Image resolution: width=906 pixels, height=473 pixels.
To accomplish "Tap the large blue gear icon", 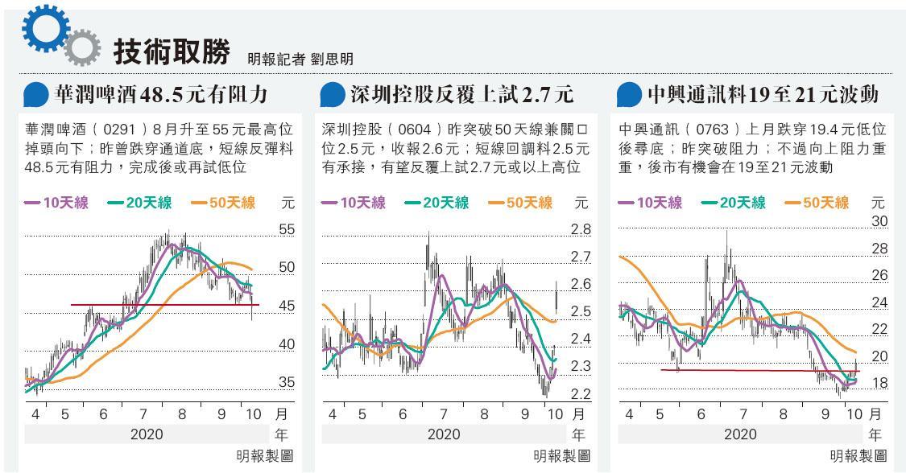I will coord(42,30).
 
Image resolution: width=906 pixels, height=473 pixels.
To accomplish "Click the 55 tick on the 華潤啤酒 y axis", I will coord(287,230).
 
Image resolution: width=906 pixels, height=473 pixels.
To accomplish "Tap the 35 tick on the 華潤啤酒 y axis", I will coord(287,383).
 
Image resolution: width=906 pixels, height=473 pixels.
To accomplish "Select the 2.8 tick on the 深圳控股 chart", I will coord(580,230).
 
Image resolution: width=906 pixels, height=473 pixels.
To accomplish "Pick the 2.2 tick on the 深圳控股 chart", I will coord(580,394).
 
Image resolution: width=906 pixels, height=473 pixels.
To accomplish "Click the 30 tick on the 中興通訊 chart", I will coord(879,221).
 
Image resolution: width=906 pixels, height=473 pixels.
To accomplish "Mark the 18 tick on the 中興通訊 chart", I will coord(879,383).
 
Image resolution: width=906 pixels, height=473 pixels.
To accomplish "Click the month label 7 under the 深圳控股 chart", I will coord(444,415).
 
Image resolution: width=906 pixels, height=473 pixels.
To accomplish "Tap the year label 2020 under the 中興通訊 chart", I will coord(740,434).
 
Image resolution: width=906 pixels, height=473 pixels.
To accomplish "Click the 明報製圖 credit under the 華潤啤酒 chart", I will coord(265,456).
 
